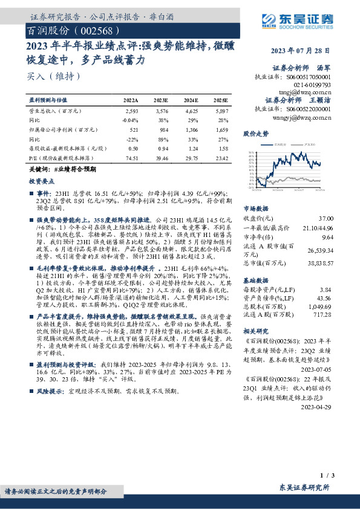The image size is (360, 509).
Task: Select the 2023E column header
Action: pos(161,100)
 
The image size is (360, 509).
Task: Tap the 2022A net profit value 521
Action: pos(134,129)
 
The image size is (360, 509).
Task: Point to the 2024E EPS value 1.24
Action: pos(192,148)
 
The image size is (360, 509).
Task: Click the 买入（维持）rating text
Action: pos(54,77)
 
